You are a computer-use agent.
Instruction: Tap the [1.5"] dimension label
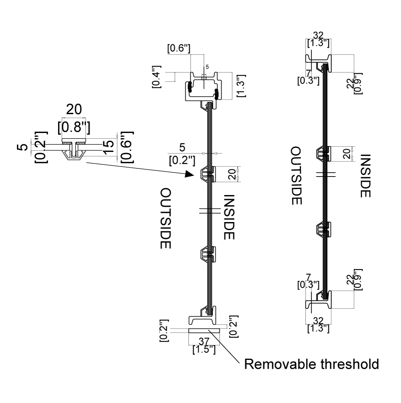[x=204, y=349]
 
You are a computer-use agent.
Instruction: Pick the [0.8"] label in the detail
[x=74, y=127]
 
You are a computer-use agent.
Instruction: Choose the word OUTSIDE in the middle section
[x=166, y=218]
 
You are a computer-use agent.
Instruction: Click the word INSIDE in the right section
[x=365, y=176]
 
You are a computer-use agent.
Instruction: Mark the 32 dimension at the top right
[x=318, y=35]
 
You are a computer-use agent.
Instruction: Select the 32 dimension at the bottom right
[x=318, y=321]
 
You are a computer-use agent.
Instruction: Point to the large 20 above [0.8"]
[x=74, y=109]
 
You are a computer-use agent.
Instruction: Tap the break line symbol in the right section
[x=326, y=174]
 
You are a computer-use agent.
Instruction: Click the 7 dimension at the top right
[x=308, y=73]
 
